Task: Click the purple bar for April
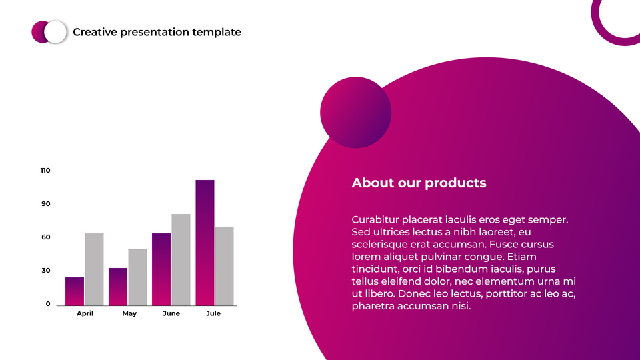[75, 291]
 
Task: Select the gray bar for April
[94, 269]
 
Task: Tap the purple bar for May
[118, 287]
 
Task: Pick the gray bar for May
[137, 277]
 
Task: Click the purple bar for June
[161, 269]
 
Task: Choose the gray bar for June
[181, 259]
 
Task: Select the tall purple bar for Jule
[205, 243]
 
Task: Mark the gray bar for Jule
[225, 266]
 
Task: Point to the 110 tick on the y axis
[45, 171]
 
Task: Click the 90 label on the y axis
[46, 204]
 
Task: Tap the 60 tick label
[46, 237]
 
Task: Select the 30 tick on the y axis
[46, 271]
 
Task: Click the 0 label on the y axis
[48, 304]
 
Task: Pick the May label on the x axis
[129, 313]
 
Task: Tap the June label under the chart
[171, 313]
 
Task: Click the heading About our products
[419, 183]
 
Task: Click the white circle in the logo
[55, 32]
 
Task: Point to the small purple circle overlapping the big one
[355, 112]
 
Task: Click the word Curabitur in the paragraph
[375, 219]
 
